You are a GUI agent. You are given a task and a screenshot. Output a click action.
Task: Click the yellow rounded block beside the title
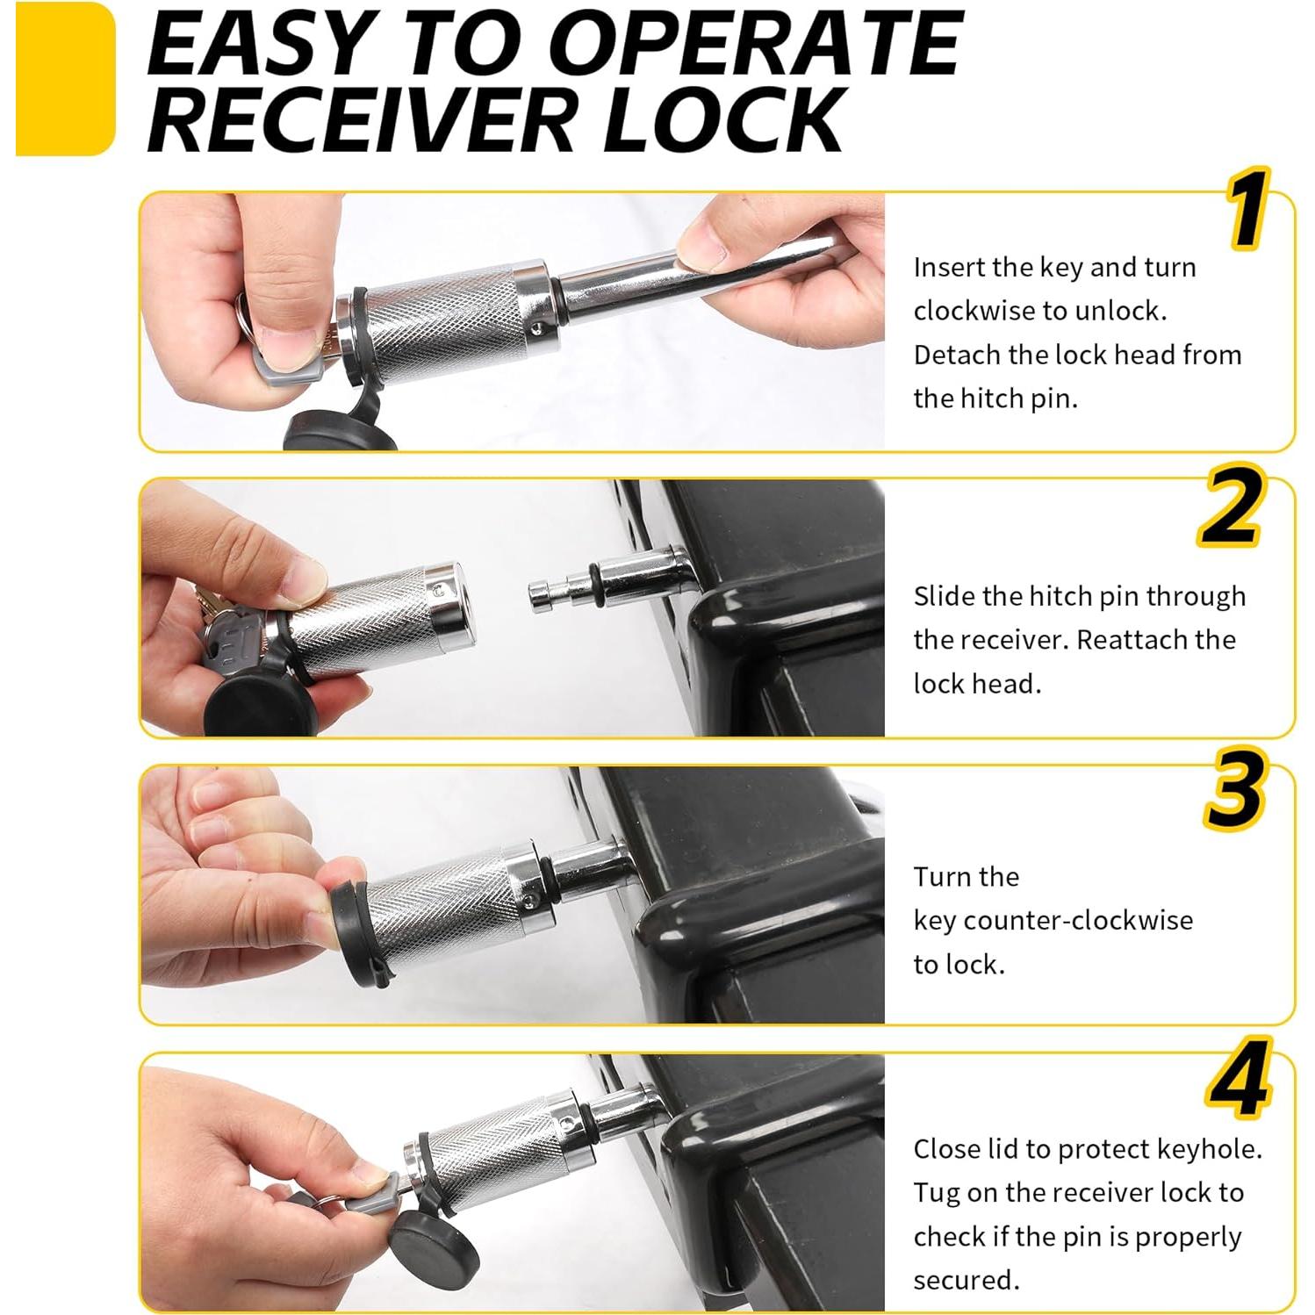(65, 79)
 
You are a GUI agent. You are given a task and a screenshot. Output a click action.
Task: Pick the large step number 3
(1234, 789)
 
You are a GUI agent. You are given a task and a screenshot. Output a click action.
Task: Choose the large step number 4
(1239, 1078)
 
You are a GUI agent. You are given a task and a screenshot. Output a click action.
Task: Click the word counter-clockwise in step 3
(1079, 920)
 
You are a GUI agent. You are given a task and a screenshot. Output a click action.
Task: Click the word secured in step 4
(966, 1280)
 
